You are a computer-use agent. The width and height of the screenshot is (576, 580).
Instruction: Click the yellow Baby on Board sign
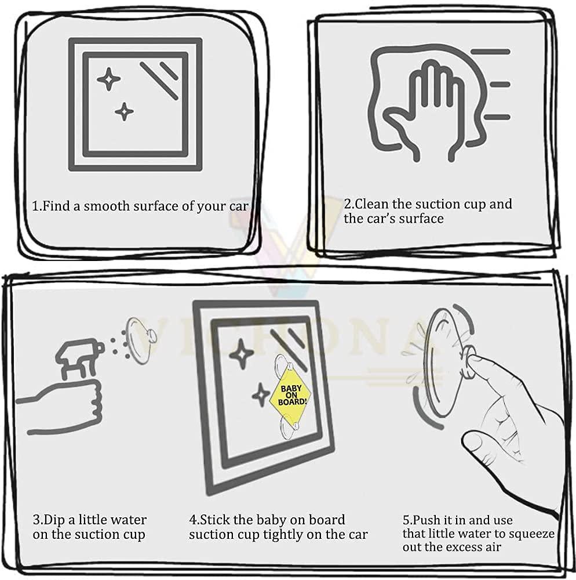pyautogui.click(x=289, y=394)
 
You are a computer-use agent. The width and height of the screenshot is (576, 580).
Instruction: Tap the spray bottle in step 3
pyautogui.click(x=78, y=358)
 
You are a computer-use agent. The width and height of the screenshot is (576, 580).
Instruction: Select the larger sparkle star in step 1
pyautogui.click(x=108, y=79)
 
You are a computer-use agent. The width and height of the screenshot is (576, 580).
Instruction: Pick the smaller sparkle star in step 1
pyautogui.click(x=124, y=111)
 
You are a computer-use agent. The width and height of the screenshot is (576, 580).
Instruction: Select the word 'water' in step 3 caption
pyautogui.click(x=129, y=520)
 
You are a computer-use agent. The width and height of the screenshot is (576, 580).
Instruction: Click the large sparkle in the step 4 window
pyautogui.click(x=241, y=354)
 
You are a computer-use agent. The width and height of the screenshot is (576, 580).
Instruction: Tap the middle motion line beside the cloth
pyautogui.click(x=500, y=85)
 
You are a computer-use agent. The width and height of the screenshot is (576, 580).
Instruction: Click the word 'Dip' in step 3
pyautogui.click(x=54, y=520)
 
